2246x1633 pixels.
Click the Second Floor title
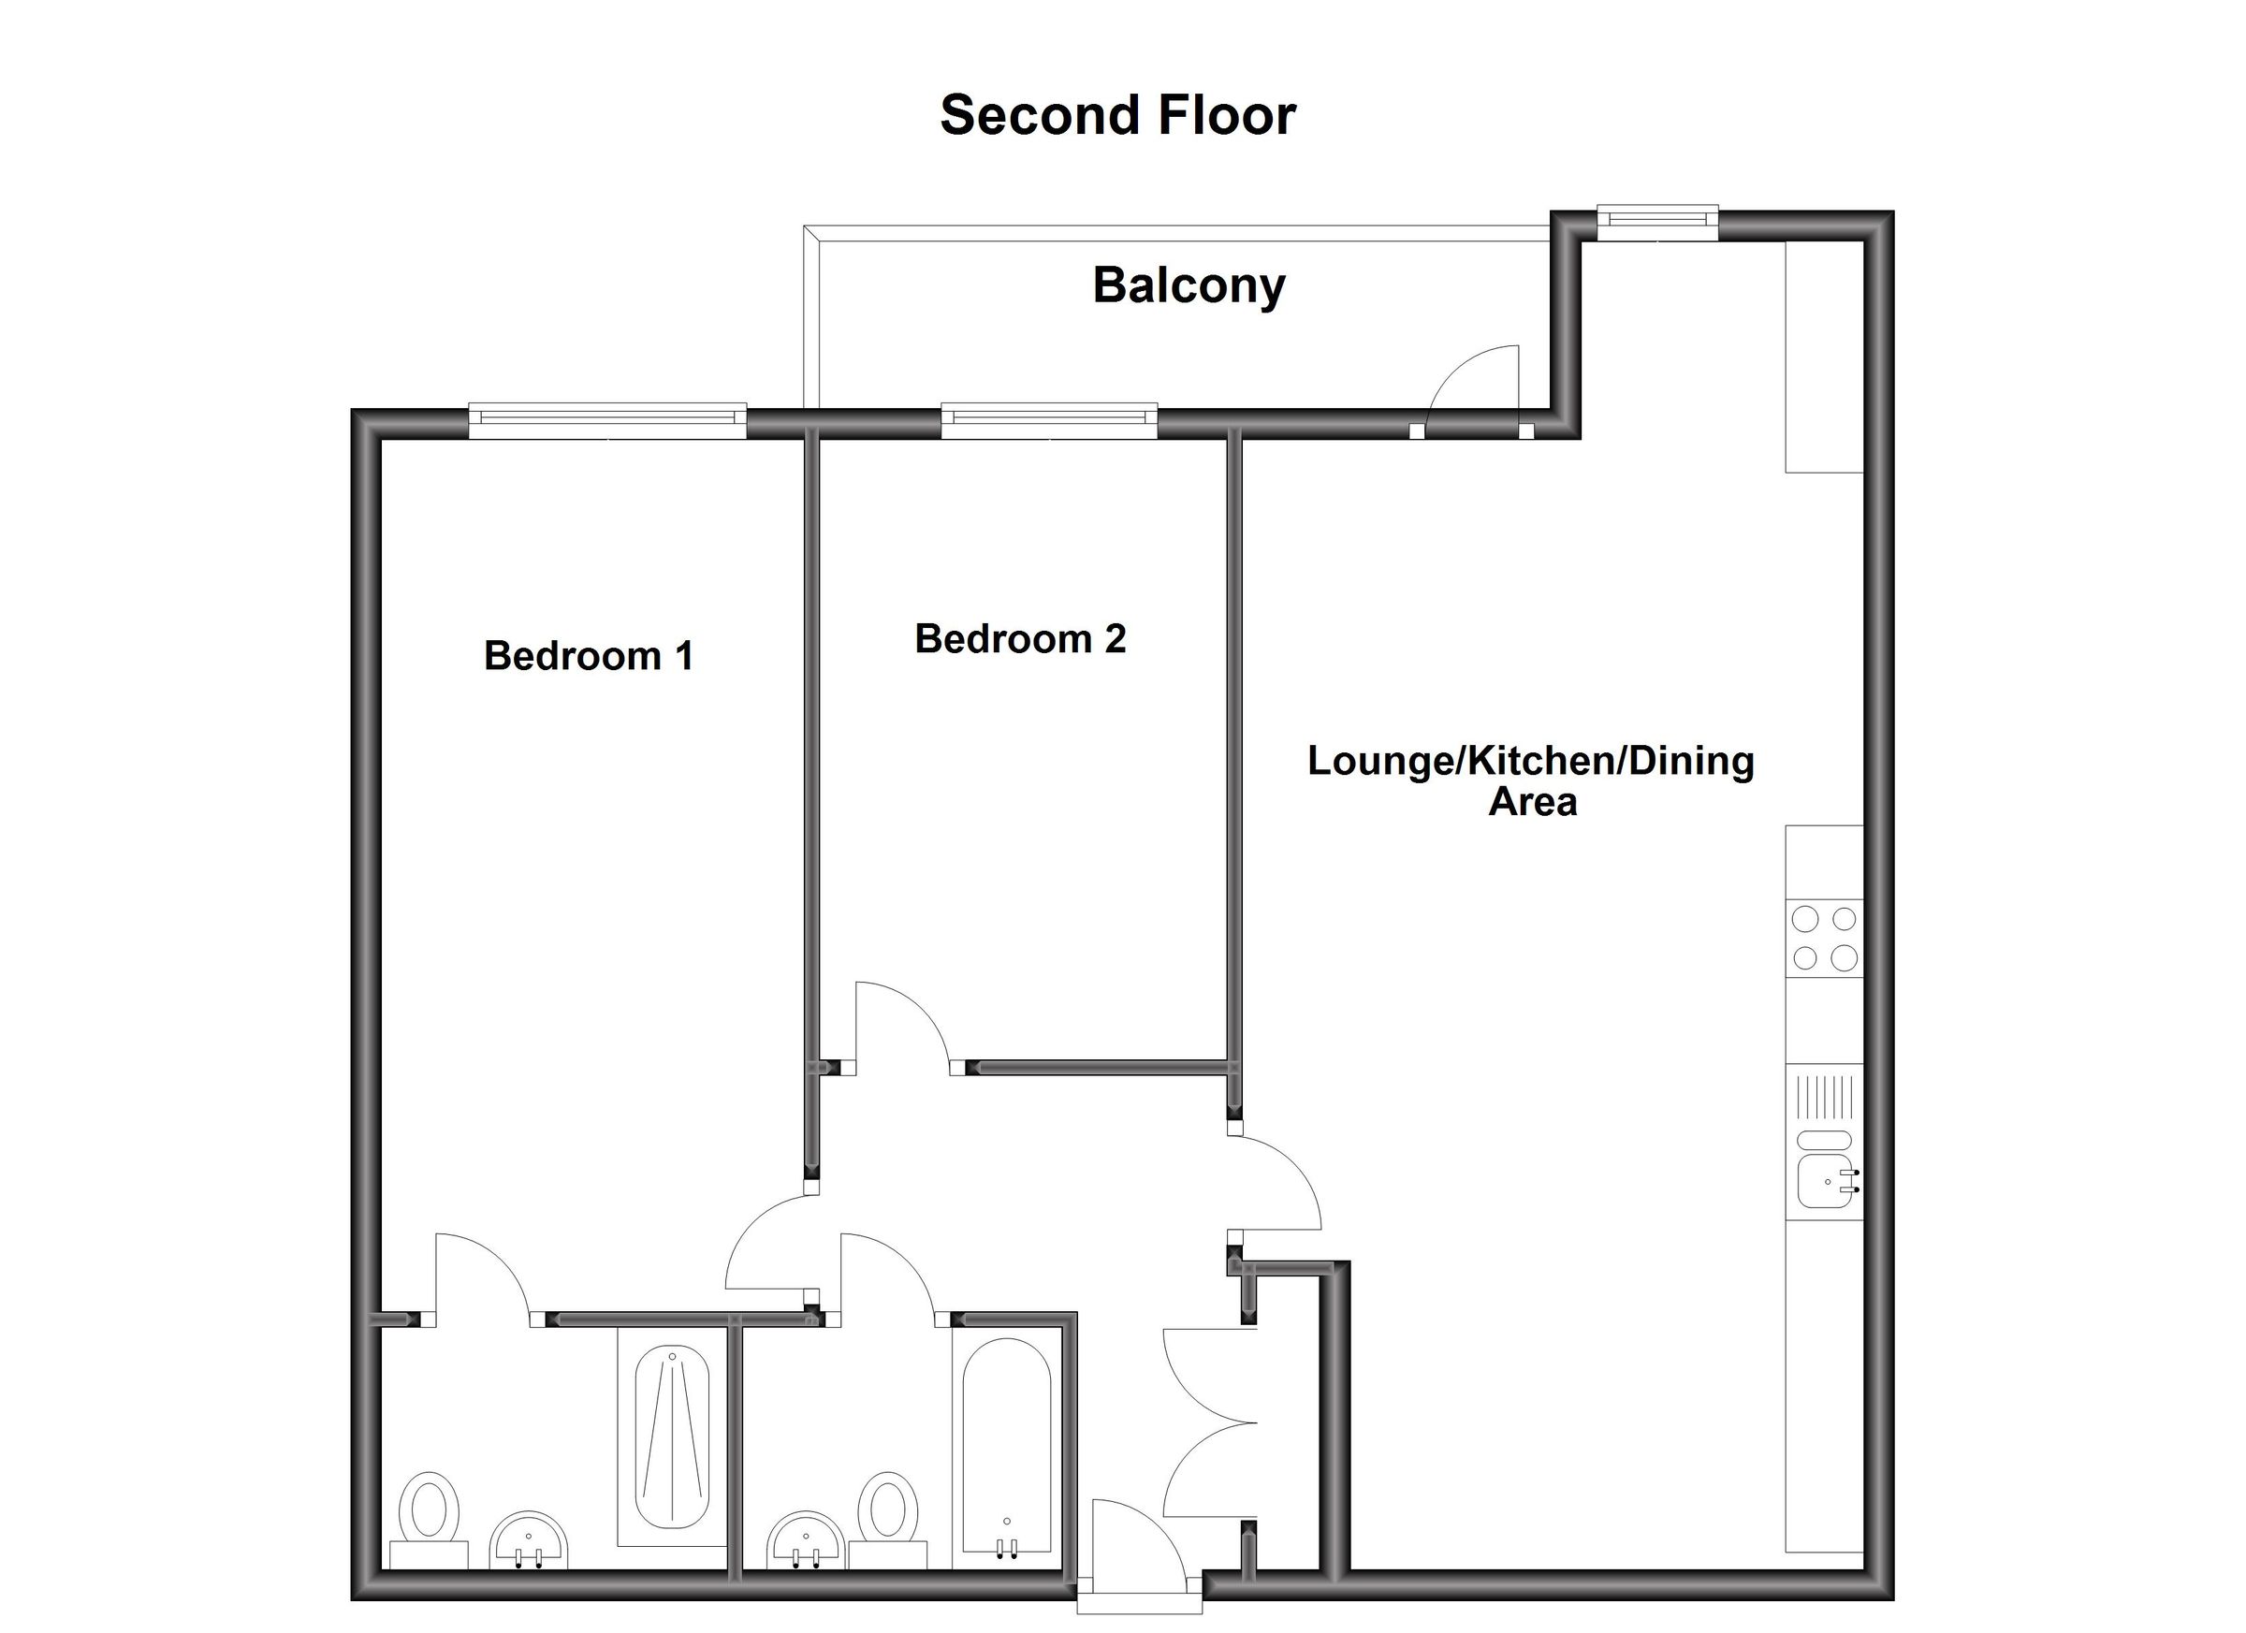pos(1117,116)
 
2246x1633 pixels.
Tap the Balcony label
pos(1189,286)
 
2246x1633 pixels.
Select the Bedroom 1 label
pos(589,656)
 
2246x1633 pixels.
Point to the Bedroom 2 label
pos(1020,639)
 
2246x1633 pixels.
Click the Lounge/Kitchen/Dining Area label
pos(1531,781)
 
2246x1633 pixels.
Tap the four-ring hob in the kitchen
pos(1824,938)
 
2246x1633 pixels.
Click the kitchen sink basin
pos(1824,1180)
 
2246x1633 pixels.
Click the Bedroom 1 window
pos(607,421)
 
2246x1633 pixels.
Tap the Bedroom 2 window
pos(1049,421)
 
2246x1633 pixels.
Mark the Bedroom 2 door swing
pos(899,1025)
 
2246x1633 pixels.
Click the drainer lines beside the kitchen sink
pos(1824,1096)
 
